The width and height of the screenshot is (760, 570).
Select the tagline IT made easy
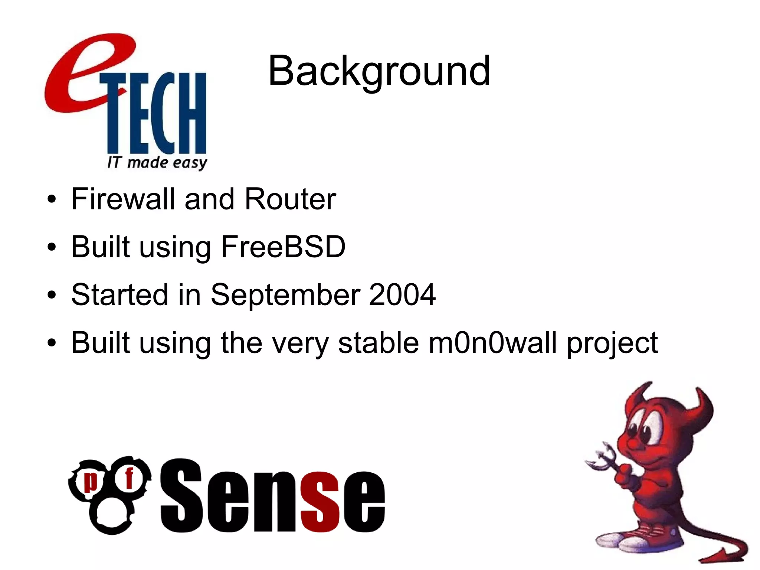pos(157,163)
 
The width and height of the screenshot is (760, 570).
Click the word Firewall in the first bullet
pos(123,199)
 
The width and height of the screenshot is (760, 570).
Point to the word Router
pos(290,199)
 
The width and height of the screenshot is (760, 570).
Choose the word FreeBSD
pos(283,247)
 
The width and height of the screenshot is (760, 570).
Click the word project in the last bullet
pos(612,343)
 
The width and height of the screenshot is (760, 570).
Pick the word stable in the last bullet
pos(379,342)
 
